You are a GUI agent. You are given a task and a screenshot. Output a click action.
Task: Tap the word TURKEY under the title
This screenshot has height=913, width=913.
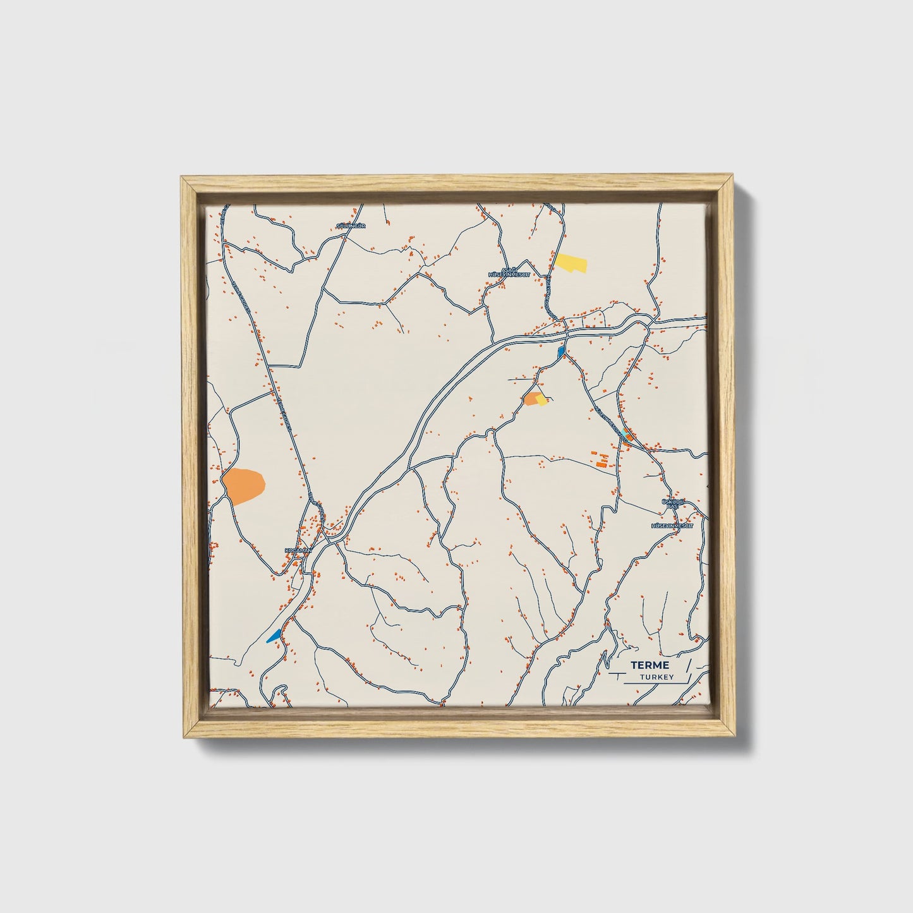click(656, 677)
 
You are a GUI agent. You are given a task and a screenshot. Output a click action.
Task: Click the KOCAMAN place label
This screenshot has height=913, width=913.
click(299, 550)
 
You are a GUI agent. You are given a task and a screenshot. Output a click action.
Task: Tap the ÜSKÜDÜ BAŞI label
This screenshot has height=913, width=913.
click(669, 504)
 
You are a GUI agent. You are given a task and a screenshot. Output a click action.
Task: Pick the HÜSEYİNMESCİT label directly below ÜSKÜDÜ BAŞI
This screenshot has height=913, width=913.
click(672, 525)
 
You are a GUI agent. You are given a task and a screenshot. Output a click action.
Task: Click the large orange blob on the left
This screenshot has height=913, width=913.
click(243, 485)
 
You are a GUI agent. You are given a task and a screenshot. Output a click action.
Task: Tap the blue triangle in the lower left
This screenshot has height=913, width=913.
click(274, 636)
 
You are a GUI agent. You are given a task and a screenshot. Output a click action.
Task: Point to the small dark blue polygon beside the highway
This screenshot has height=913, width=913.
click(561, 351)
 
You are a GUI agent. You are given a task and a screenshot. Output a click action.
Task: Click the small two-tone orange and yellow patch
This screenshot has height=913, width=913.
click(535, 398)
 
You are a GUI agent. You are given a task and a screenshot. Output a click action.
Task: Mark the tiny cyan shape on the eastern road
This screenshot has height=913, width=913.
click(626, 432)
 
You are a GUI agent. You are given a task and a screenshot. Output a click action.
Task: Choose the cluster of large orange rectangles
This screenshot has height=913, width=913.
click(600, 459)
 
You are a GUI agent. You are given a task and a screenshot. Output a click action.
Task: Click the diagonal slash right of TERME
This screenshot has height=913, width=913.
click(689, 665)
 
